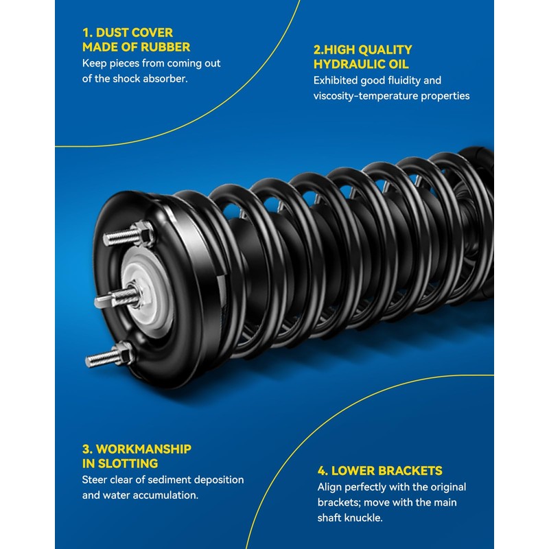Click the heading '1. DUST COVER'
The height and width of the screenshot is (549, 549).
pyautogui.click(x=128, y=32)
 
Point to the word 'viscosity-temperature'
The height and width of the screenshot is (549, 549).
pyautogui.click(x=365, y=95)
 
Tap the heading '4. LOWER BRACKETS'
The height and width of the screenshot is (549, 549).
pyautogui.click(x=379, y=471)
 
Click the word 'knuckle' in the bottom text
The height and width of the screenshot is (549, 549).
pyautogui.click(x=362, y=517)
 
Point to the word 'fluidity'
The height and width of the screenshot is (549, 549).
pyautogui.click(x=405, y=80)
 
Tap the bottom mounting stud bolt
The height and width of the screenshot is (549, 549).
pyautogui.click(x=103, y=358)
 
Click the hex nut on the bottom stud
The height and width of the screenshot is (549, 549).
pyautogui.click(x=124, y=353)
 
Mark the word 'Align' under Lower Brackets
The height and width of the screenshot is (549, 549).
pyautogui.click(x=330, y=487)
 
